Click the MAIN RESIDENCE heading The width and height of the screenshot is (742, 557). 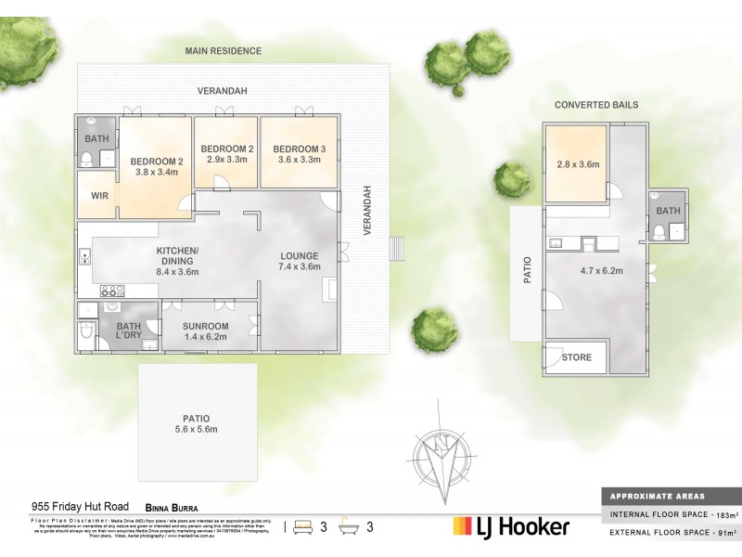(x=223, y=51)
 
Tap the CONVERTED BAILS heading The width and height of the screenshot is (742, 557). (x=596, y=105)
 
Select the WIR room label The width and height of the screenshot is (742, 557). (x=98, y=197)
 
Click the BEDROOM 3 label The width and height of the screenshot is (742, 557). (x=299, y=149)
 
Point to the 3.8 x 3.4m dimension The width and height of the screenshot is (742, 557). (x=155, y=172)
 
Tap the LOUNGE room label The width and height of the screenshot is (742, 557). (x=300, y=256)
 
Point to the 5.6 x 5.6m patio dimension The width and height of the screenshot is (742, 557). (x=196, y=430)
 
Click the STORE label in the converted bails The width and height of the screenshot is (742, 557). (x=574, y=357)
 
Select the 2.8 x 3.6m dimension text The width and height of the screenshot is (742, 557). (x=577, y=164)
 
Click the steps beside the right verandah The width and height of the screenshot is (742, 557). (x=398, y=249)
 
